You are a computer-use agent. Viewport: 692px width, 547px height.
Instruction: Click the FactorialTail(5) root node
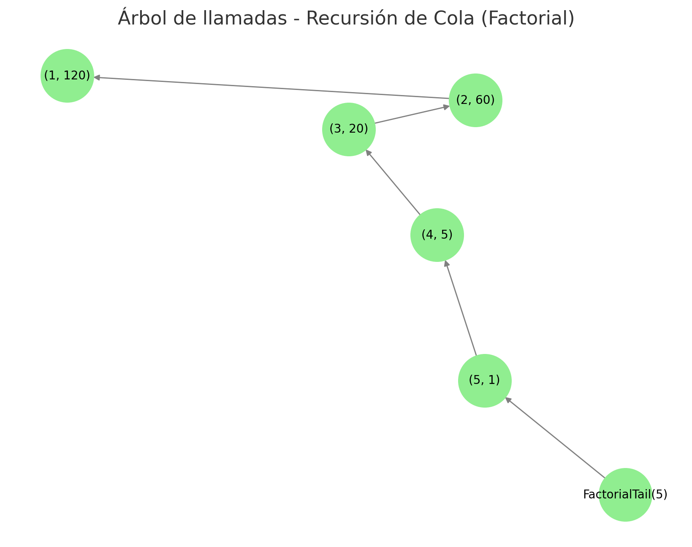click(x=625, y=495)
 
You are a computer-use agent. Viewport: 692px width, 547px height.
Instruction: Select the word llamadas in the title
click(x=245, y=18)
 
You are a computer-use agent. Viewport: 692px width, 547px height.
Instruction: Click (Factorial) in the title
click(x=528, y=19)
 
